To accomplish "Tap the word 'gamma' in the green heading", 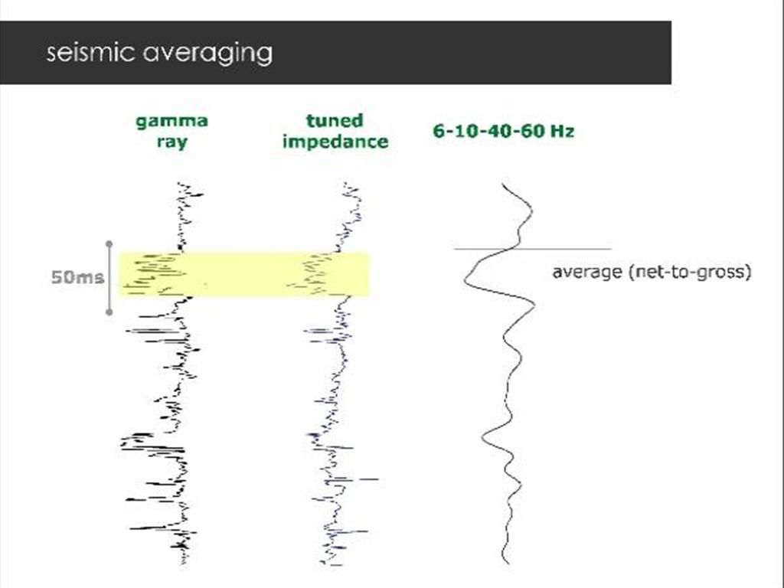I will pyautogui.click(x=171, y=121).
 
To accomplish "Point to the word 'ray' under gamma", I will pyautogui.click(x=171, y=142).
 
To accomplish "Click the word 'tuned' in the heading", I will pyautogui.click(x=335, y=121).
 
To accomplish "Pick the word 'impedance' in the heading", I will pyautogui.click(x=335, y=142).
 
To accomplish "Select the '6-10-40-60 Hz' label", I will pyautogui.click(x=503, y=131).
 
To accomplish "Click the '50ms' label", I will pyautogui.click(x=77, y=277).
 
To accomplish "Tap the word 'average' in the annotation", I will pyautogui.click(x=586, y=272).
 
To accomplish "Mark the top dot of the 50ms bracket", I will pyautogui.click(x=109, y=244).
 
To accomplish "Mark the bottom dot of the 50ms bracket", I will pyautogui.click(x=109, y=312).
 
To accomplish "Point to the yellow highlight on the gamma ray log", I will pyautogui.click(x=153, y=273).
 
